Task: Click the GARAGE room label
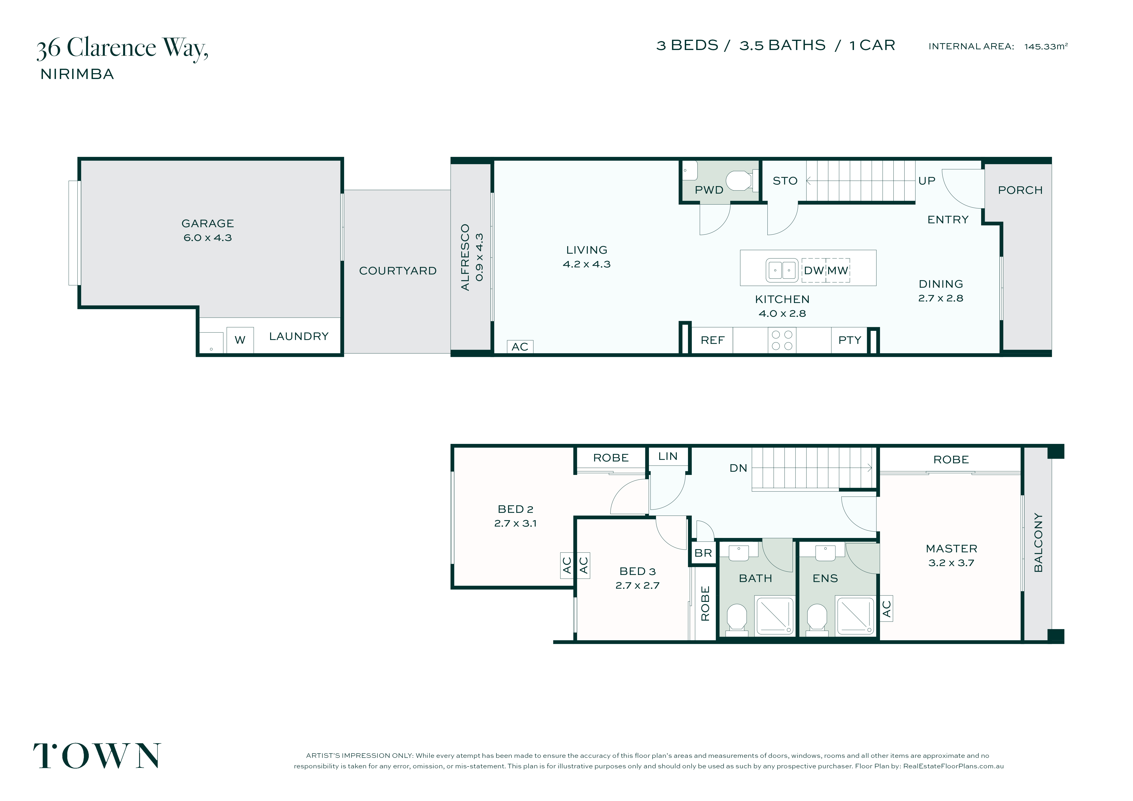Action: pos(208,224)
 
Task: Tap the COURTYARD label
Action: pos(398,271)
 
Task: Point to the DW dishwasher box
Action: pos(814,270)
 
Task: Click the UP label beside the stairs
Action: pos(927,181)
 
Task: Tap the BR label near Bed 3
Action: pos(703,553)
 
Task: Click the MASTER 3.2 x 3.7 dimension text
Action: pos(951,563)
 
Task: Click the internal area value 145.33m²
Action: pos(1046,46)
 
